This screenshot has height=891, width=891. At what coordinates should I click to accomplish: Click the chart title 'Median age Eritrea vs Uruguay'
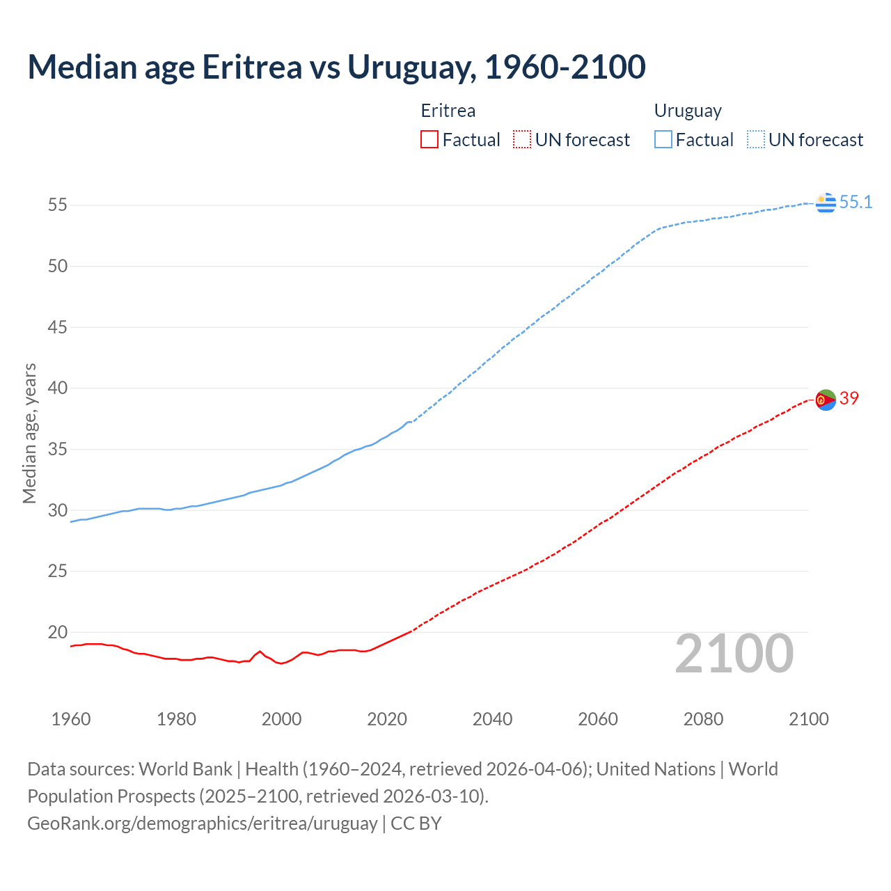pyautogui.click(x=336, y=67)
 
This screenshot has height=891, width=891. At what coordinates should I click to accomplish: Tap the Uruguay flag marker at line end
pyautogui.click(x=826, y=203)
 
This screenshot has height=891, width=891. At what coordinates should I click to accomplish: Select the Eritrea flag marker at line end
pyautogui.click(x=826, y=400)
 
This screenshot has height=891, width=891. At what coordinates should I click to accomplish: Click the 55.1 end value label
pyautogui.click(x=855, y=203)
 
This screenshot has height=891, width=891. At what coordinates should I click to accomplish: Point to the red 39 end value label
pyautogui.click(x=849, y=398)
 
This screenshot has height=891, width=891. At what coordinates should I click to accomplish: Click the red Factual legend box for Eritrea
pyautogui.click(x=429, y=140)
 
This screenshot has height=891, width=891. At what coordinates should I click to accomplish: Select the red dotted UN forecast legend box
pyautogui.click(x=521, y=140)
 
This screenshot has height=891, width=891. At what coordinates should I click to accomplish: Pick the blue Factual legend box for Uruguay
pyautogui.click(x=663, y=140)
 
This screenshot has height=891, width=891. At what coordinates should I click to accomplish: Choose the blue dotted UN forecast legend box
pyautogui.click(x=755, y=140)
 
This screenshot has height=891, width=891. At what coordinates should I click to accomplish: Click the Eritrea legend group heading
pyautogui.click(x=448, y=111)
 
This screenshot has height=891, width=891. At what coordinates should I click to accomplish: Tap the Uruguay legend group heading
pyautogui.click(x=688, y=111)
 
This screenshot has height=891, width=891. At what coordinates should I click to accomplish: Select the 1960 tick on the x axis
pyautogui.click(x=71, y=719)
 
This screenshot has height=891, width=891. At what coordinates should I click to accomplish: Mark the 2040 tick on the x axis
pyautogui.click(x=492, y=719)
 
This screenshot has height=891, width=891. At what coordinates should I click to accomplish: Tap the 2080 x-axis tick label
pyautogui.click(x=703, y=719)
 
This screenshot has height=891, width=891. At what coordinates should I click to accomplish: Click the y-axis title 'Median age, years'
pyautogui.click(x=29, y=433)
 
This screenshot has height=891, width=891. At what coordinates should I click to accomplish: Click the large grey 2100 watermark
pyautogui.click(x=734, y=654)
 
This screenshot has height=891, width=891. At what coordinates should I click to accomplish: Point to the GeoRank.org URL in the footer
pyautogui.click(x=202, y=823)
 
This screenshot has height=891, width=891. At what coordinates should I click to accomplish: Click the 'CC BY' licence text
pyautogui.click(x=416, y=823)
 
